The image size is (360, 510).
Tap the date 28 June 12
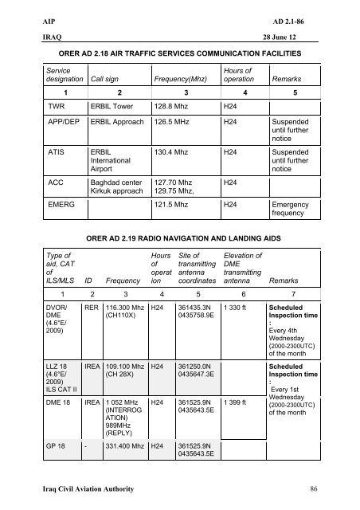pos(313,38)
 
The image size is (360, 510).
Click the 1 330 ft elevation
pos(236,328)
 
